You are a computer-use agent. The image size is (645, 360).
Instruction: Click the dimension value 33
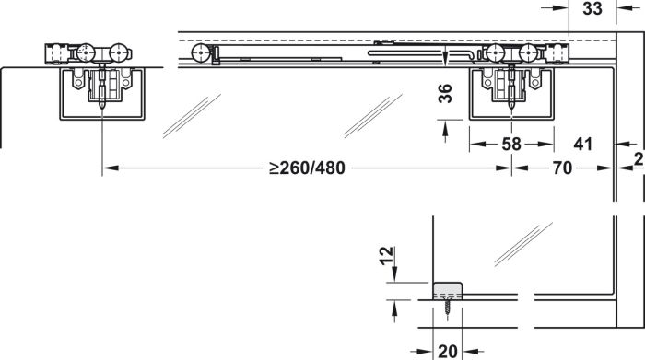point(592,8)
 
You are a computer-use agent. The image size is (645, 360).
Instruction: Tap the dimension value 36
point(445,93)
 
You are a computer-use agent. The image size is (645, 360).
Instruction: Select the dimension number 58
point(511,145)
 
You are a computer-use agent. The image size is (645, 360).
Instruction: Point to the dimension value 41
point(583,145)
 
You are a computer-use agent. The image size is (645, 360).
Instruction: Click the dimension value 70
point(562,168)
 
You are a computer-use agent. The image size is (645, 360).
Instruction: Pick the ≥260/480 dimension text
point(307,168)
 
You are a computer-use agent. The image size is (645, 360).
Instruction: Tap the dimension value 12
point(386,256)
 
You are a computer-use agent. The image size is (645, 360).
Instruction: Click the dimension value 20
point(448,352)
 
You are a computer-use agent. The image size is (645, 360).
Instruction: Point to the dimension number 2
point(639,159)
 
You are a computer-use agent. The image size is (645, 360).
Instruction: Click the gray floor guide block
point(447,290)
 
